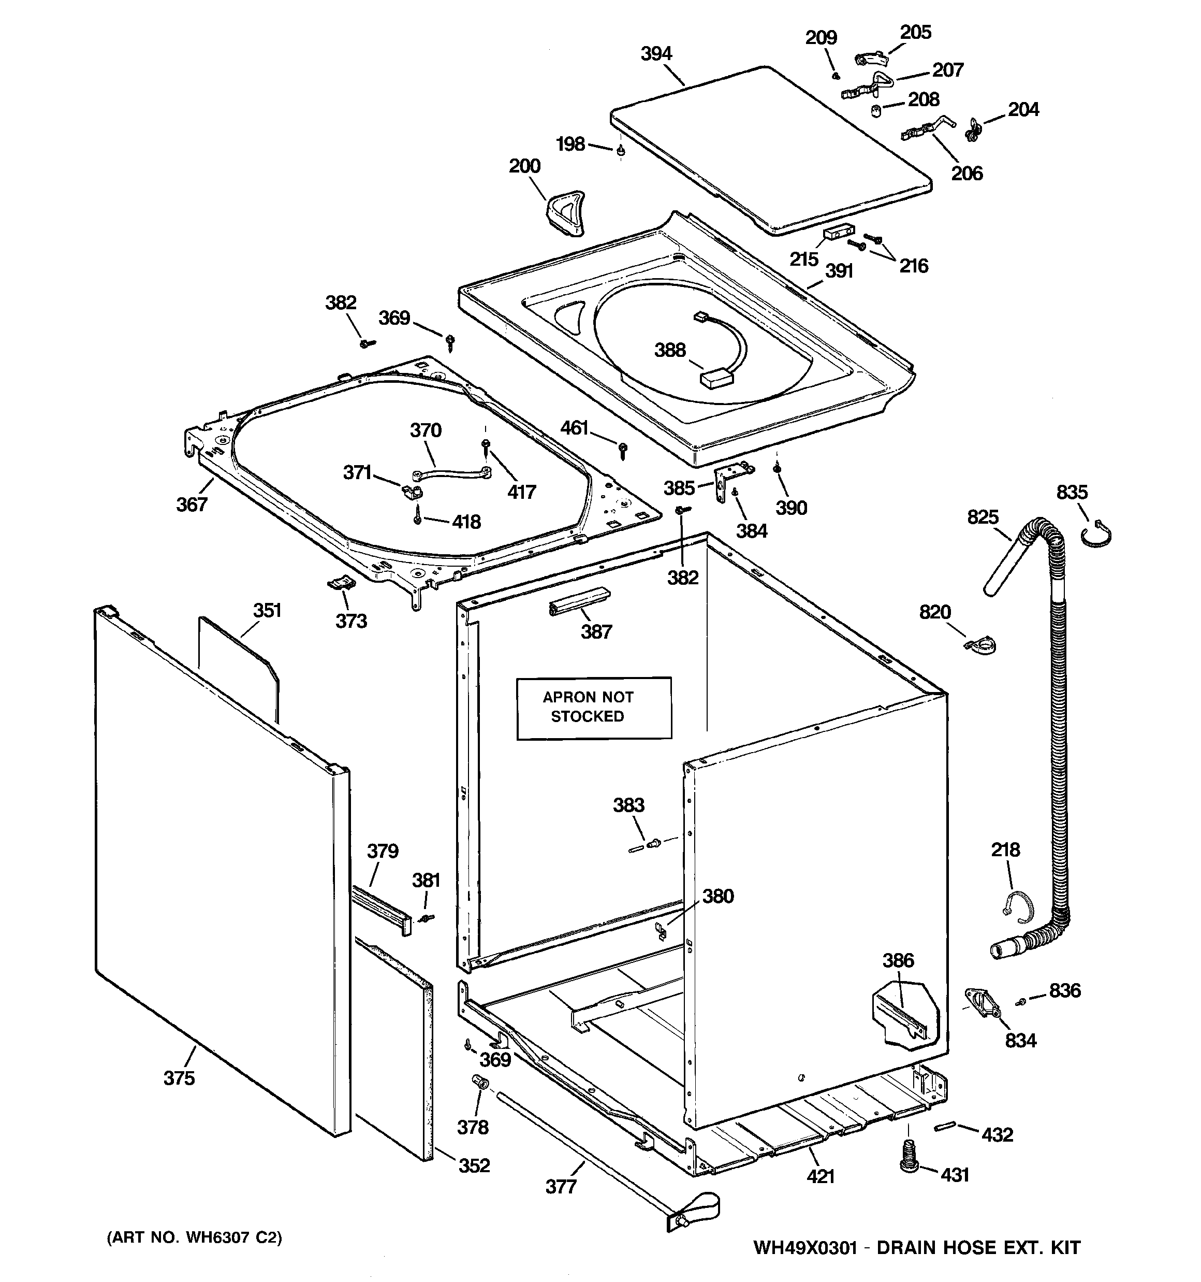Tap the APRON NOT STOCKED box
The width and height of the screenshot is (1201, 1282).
(594, 708)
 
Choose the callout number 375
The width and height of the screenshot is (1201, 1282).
(179, 1077)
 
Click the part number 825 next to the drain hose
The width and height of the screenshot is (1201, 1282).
(983, 517)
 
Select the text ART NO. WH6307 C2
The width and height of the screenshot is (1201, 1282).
(194, 1237)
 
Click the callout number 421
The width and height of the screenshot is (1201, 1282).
(820, 1176)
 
